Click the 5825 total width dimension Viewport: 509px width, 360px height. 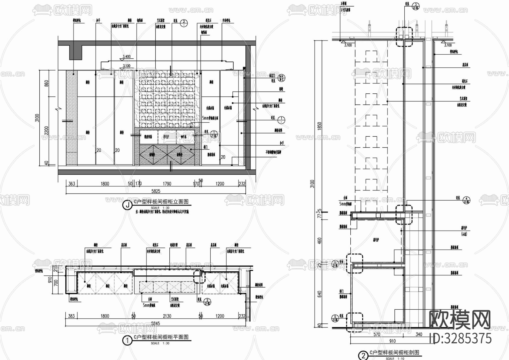(x=156, y=191)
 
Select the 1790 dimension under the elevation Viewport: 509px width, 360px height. (x=167, y=184)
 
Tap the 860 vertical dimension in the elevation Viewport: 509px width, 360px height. (x=47, y=83)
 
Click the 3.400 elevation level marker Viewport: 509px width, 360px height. (x=127, y=57)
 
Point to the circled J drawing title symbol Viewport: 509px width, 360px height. (x=127, y=205)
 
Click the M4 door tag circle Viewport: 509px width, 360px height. (x=281, y=78)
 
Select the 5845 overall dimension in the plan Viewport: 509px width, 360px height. (x=155, y=323)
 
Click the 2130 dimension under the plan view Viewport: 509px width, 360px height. (x=167, y=316)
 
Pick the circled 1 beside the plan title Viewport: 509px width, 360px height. (x=127, y=340)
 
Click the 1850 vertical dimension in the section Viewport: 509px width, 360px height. (x=320, y=126)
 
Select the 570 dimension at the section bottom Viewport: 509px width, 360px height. (x=377, y=335)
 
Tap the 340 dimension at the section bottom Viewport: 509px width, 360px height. (x=419, y=335)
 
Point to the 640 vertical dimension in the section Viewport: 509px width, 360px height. (x=320, y=294)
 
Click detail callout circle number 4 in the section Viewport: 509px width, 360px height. (x=466, y=201)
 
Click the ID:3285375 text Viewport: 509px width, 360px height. (x=460, y=338)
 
